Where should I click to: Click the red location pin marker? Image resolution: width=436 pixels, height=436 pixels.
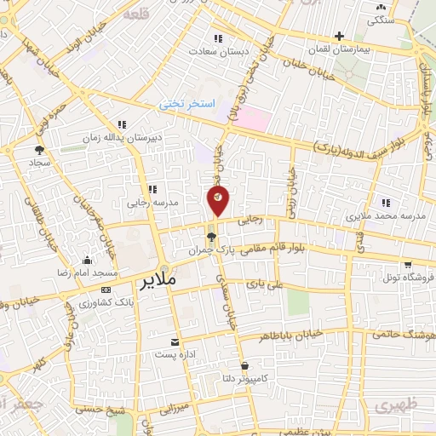(x=218, y=200)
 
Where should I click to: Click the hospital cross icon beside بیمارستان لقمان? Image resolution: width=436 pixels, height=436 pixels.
(x=339, y=37)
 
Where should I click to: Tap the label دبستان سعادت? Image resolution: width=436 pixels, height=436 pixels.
(x=224, y=52)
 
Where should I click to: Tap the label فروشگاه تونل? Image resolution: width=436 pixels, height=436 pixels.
(x=408, y=278)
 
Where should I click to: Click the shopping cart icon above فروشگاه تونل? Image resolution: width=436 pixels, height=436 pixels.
(x=409, y=263)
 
